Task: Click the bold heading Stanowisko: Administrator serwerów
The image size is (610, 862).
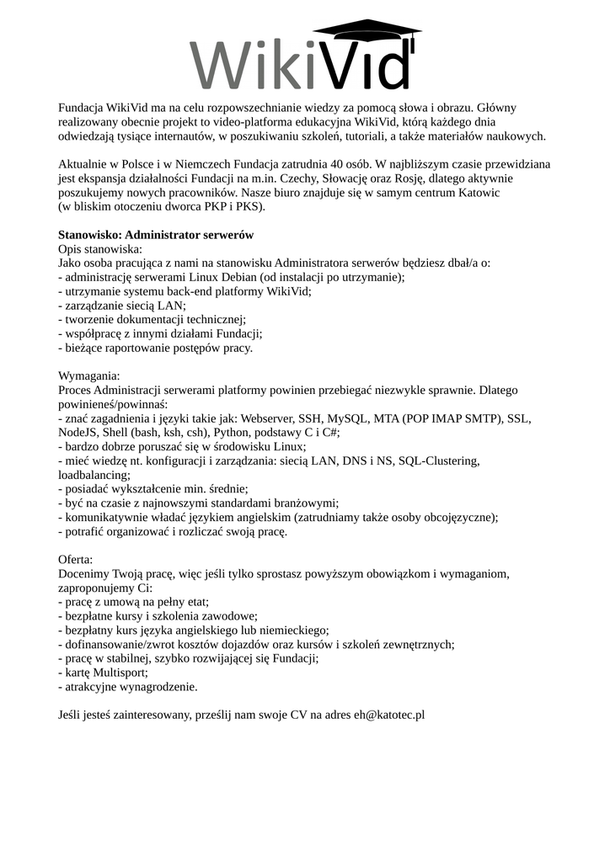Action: coord(155,235)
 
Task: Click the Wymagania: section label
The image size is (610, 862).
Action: coord(89,375)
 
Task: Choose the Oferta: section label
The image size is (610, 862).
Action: coord(76,559)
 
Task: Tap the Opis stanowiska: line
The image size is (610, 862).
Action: coord(100,249)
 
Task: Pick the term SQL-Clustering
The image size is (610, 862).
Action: coord(438,461)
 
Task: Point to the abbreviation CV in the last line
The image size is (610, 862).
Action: coord(299,715)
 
